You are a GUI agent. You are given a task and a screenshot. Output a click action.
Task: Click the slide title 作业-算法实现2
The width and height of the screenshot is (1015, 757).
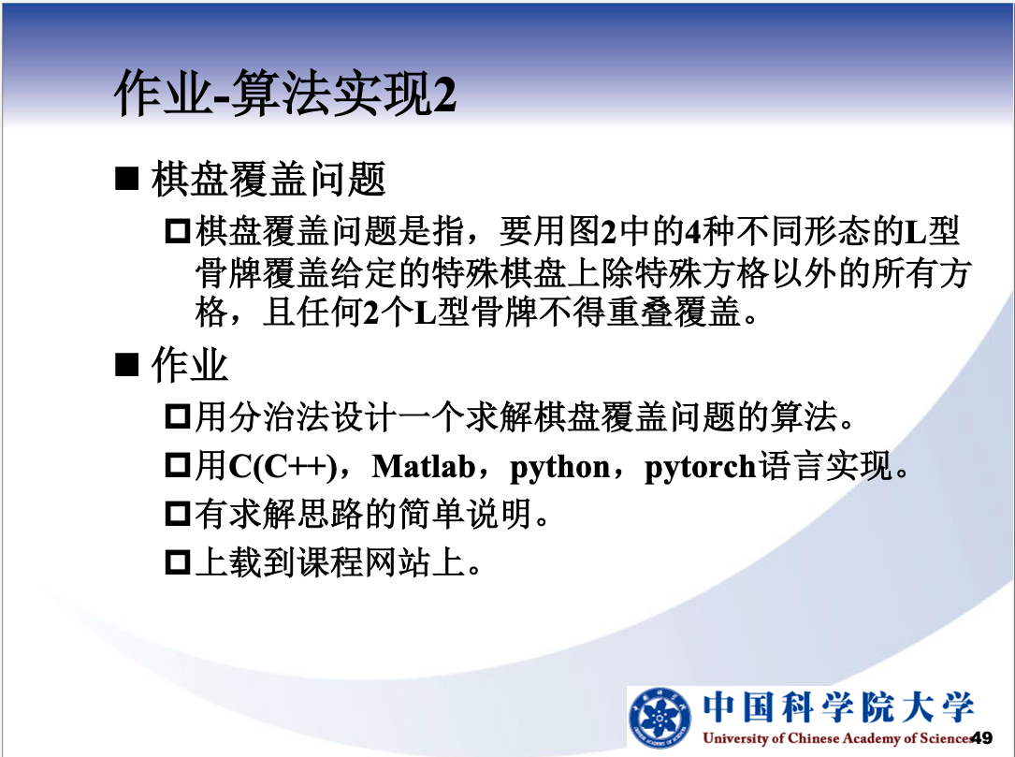coord(285,94)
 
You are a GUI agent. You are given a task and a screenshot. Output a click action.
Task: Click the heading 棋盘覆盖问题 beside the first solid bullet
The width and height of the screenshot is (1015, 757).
coord(268,179)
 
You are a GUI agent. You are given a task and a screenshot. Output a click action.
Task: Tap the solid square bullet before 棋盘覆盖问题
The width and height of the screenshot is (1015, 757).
coord(126,179)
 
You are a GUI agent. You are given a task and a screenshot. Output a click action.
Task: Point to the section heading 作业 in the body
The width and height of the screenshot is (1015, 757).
coord(189,364)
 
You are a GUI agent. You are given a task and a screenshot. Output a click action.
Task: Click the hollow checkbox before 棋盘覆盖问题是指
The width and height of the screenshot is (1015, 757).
coord(178,231)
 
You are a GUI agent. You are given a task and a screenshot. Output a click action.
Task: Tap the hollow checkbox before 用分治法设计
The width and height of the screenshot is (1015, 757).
coord(178,416)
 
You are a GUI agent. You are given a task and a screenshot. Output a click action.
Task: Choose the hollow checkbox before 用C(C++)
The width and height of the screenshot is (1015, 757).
coord(178,466)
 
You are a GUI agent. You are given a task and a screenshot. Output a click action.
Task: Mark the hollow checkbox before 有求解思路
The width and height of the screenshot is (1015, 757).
coord(178,514)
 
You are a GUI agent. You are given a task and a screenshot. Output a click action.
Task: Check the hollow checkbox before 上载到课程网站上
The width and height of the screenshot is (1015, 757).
coord(178,562)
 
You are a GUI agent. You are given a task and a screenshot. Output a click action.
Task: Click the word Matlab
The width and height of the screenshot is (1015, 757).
coord(424,466)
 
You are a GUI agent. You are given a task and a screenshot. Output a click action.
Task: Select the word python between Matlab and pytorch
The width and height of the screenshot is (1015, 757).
coord(560,468)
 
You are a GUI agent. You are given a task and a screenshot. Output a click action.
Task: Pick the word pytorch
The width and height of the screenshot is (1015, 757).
coord(701,468)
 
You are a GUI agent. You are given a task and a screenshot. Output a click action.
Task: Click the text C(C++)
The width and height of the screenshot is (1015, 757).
coord(283,466)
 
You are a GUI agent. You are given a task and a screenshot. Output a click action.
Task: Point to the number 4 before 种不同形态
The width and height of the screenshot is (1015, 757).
coord(692,232)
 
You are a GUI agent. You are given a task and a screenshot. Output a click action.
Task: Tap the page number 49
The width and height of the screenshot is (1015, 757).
coord(981,737)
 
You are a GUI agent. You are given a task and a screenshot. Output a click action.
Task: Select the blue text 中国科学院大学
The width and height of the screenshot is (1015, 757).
coord(838,706)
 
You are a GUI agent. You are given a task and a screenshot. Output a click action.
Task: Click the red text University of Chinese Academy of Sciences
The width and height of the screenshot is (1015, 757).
coord(836,738)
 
